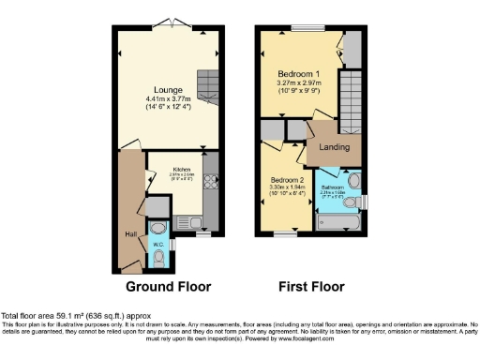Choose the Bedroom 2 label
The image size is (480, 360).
pyautogui.click(x=289, y=180)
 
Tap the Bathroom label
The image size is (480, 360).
pyautogui.click(x=337, y=187)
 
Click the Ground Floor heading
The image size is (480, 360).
pyautogui.click(x=168, y=286)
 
